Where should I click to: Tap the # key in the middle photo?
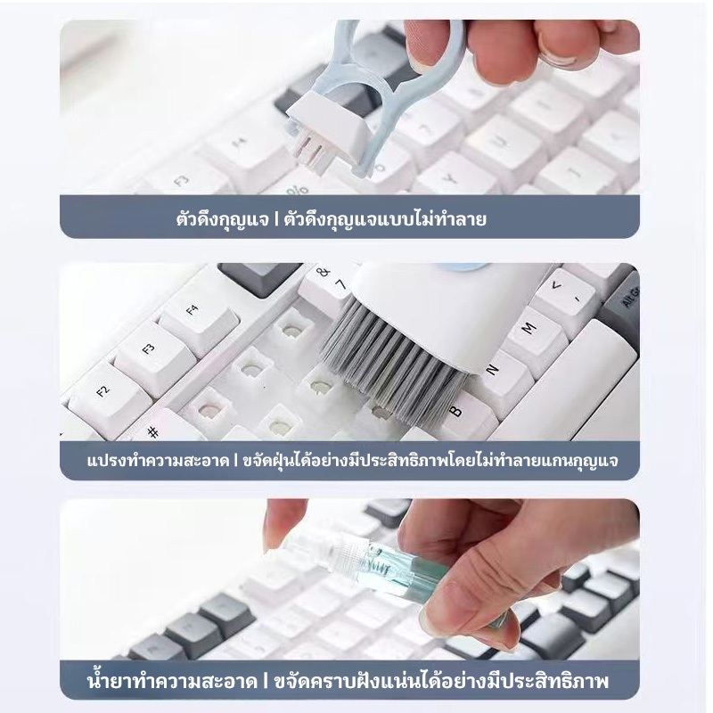click(x=160, y=428)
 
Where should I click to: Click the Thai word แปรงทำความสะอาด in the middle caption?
click(x=158, y=461)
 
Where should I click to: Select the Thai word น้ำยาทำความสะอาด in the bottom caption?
click(x=172, y=681)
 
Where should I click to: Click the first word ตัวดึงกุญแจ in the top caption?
click(x=222, y=219)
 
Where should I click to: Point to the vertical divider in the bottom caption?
click(x=266, y=682)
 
